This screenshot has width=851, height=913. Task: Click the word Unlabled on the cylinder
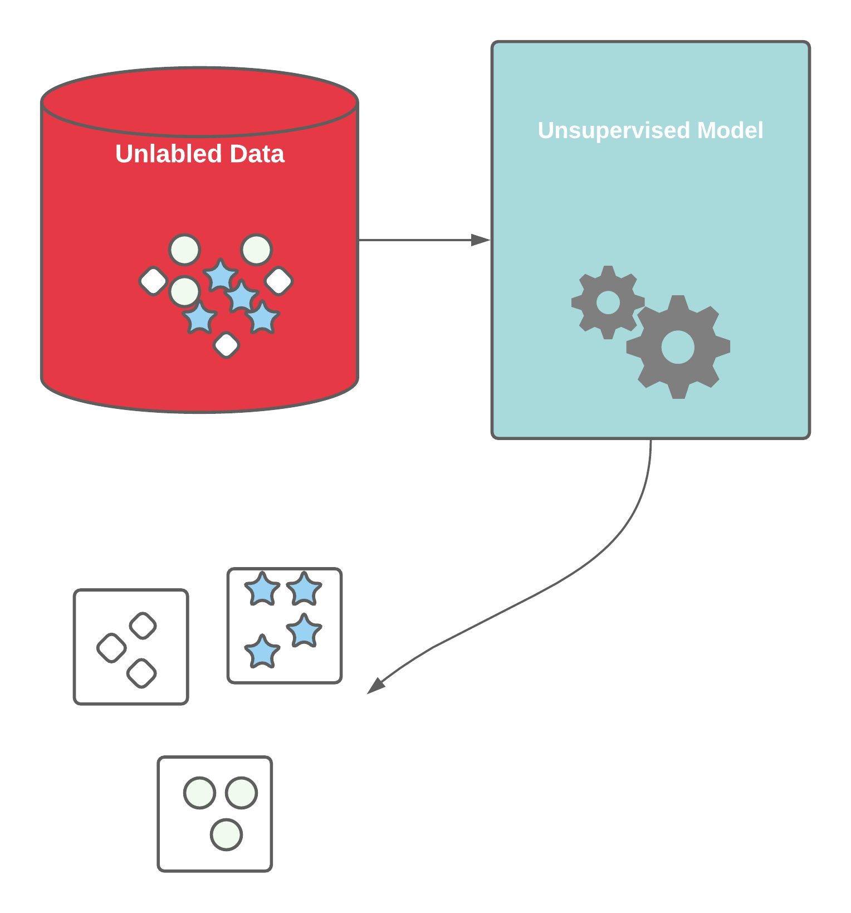168,154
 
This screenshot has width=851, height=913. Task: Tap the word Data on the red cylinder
257,154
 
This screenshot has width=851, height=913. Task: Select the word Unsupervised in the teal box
614,131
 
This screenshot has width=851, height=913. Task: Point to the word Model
730,131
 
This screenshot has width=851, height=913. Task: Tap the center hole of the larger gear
678,347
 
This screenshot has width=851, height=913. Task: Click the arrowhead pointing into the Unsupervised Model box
480,240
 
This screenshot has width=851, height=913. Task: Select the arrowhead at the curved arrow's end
375,686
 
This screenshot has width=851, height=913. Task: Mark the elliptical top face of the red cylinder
199,102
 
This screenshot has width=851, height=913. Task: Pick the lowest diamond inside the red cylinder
226,345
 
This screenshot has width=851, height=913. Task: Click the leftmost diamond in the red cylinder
153,280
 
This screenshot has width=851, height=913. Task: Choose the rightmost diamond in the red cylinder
278,280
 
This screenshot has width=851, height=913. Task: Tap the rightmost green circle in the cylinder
256,250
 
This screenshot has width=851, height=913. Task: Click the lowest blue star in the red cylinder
200,319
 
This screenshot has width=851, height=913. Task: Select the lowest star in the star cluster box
262,652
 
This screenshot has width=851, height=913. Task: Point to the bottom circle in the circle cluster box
226,834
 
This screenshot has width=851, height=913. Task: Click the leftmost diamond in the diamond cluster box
111,648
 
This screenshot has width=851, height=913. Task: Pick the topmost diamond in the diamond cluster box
143,626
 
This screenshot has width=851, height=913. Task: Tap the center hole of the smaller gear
608,302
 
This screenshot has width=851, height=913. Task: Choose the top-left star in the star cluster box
262,589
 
